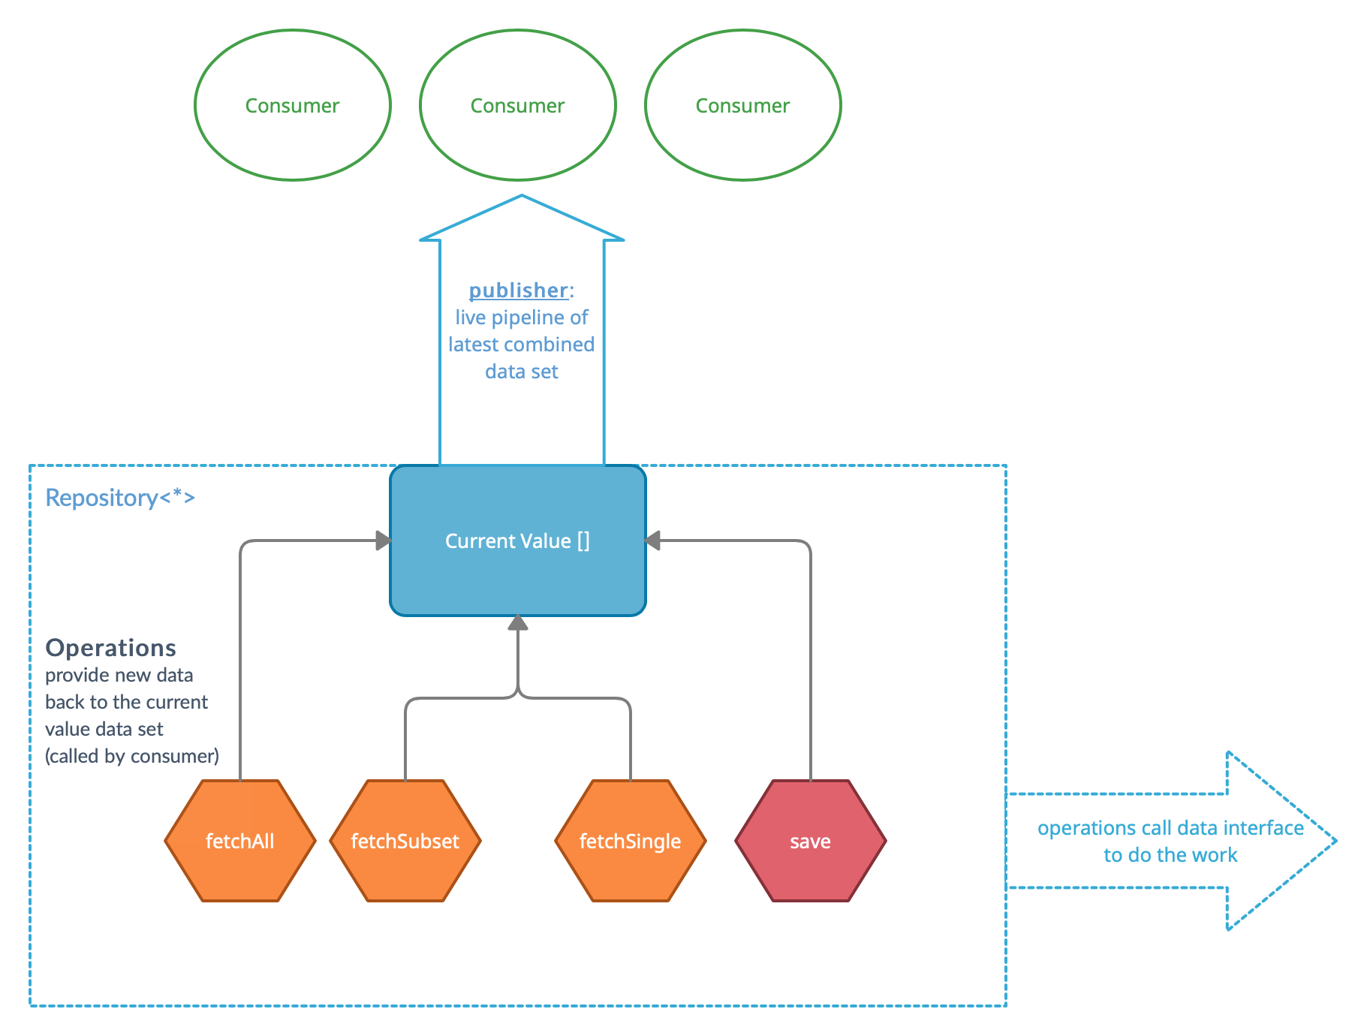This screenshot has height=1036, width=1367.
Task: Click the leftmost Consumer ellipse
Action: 293,105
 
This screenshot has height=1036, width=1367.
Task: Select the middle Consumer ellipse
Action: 518,105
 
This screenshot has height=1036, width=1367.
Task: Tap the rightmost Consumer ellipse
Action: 743,105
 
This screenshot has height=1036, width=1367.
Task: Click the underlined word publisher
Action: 518,291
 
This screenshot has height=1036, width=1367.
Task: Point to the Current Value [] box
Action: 518,541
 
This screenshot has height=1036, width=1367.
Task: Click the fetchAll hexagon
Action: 240,841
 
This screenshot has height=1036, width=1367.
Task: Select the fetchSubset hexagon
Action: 405,841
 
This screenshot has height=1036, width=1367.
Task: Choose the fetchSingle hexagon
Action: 631,841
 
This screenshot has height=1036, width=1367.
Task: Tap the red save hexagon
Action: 811,841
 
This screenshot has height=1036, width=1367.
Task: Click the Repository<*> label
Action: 120,498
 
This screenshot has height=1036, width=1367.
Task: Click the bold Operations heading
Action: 111,648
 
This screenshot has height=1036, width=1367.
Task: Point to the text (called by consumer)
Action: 132,756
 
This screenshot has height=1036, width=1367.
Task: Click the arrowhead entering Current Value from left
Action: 384,541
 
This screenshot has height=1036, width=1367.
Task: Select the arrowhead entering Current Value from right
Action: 653,541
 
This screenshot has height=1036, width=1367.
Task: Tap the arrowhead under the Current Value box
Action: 518,623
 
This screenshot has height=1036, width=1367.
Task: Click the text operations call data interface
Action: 1170,828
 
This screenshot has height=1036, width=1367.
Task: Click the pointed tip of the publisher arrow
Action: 522,198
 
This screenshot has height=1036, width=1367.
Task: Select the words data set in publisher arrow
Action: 522,372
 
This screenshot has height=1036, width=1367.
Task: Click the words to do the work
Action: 1170,855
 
